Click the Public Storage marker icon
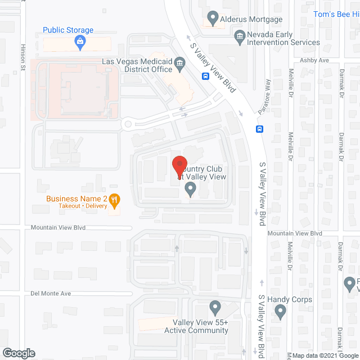pos(80,41)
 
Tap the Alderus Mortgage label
pos(251,19)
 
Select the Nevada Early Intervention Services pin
pos(239,37)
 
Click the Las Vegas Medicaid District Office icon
pos(180,62)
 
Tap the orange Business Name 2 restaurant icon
pos(114,199)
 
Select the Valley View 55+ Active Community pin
pos(214,307)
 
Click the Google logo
pos(18,353)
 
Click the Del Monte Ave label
pos(51,293)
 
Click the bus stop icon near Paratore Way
pos(259,129)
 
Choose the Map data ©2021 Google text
pos(325,355)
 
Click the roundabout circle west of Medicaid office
pos(128,124)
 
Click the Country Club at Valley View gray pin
pos(191,190)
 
